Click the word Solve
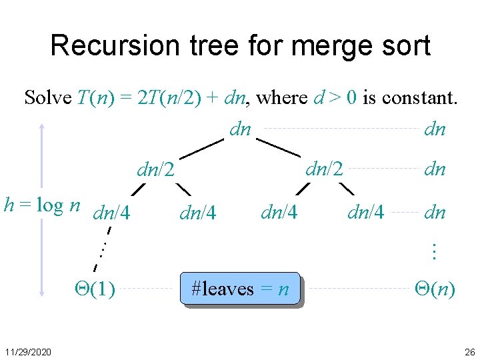[47, 98]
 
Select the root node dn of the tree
[239, 129]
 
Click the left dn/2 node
[155, 171]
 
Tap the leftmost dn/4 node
[112, 214]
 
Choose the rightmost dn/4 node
[366, 213]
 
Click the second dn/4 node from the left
[198, 214]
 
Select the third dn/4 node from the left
[279, 213]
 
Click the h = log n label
[42, 205]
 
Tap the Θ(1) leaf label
[93, 289]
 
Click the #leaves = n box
[240, 289]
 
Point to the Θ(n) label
[435, 289]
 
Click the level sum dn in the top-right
[435, 129]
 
